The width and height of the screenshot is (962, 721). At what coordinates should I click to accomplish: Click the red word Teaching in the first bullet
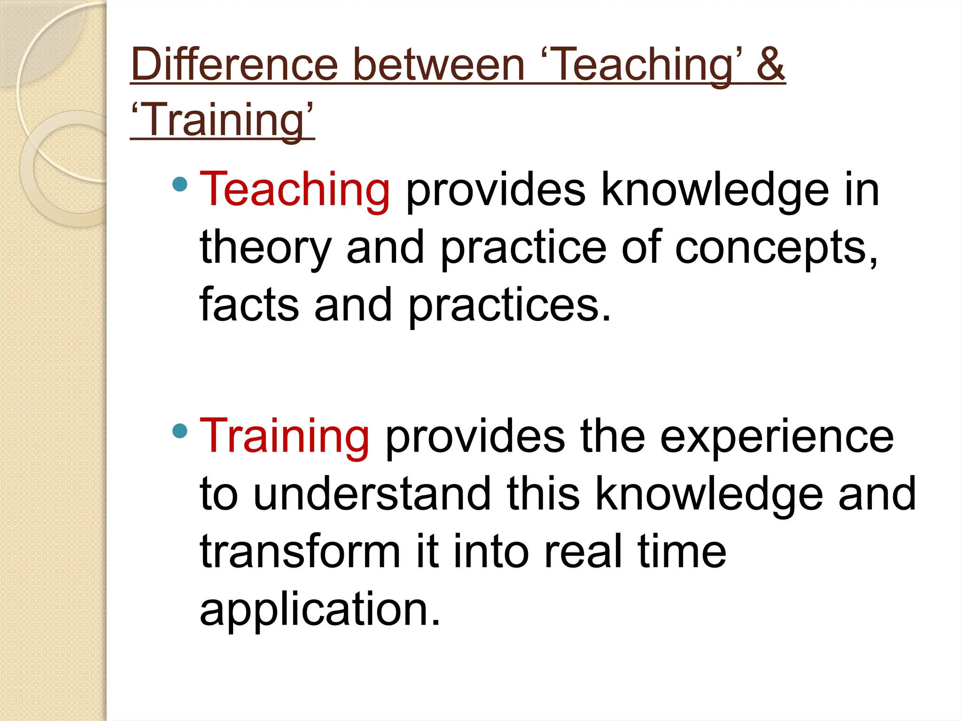tap(295, 189)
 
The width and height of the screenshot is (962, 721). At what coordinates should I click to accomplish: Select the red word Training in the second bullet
tap(284, 436)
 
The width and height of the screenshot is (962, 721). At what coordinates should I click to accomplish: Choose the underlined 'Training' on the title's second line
tap(222, 120)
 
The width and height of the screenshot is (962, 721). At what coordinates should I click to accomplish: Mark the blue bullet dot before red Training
tap(180, 430)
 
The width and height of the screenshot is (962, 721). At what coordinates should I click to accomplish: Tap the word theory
tap(265, 248)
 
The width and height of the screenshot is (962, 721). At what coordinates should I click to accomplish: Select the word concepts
tap(775, 248)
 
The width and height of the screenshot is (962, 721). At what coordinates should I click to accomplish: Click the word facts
tap(249, 305)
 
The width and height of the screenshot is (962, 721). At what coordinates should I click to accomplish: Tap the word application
tap(320, 609)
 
